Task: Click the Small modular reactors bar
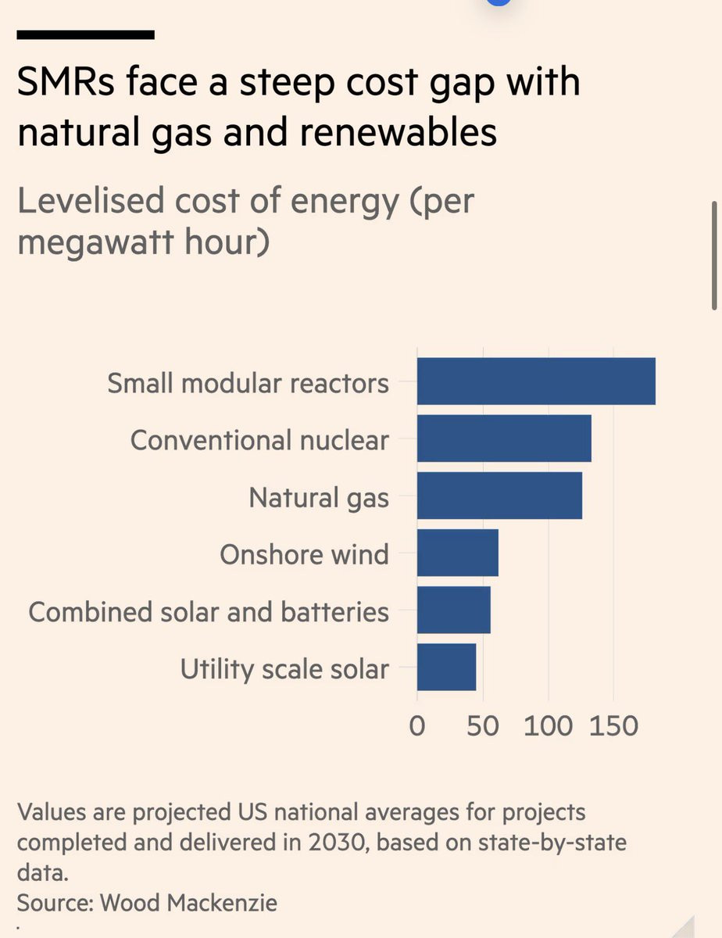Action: click(536, 381)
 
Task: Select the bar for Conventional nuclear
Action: click(504, 439)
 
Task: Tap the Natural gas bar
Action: click(499, 496)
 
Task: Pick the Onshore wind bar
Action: click(458, 553)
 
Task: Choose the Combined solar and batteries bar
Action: click(454, 610)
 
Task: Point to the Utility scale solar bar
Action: click(446, 667)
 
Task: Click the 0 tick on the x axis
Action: click(417, 726)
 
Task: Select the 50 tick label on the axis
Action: click(483, 726)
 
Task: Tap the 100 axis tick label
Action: click(549, 726)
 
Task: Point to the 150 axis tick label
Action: click(613, 726)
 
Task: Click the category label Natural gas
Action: click(319, 498)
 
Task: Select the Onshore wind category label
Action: click(304, 554)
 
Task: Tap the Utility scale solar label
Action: click(284, 670)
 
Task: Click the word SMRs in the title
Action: click(66, 81)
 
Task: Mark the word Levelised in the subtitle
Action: click(91, 201)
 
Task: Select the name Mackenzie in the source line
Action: click(222, 903)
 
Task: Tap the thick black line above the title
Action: click(85, 35)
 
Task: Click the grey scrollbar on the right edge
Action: click(714, 256)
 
